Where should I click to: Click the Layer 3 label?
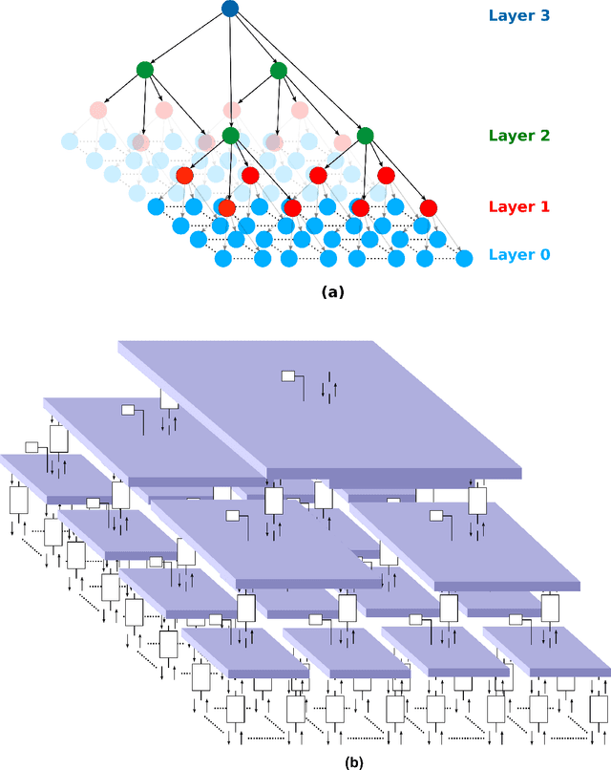point(519,15)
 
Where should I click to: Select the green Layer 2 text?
point(519,136)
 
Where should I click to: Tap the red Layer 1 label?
point(519,206)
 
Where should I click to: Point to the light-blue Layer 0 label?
point(519,254)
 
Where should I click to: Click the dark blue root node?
point(230,9)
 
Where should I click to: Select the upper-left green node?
point(144,69)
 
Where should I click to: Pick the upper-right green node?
point(278,70)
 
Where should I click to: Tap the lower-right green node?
point(365,136)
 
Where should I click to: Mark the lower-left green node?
point(230,136)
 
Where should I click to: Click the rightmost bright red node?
point(428,207)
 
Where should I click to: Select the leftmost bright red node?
point(184,176)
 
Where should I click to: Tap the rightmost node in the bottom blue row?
point(464,258)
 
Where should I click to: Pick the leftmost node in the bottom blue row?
point(223,258)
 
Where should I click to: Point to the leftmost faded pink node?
point(97,110)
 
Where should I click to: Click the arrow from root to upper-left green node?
point(187,39)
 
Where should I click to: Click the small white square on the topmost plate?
point(288,376)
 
